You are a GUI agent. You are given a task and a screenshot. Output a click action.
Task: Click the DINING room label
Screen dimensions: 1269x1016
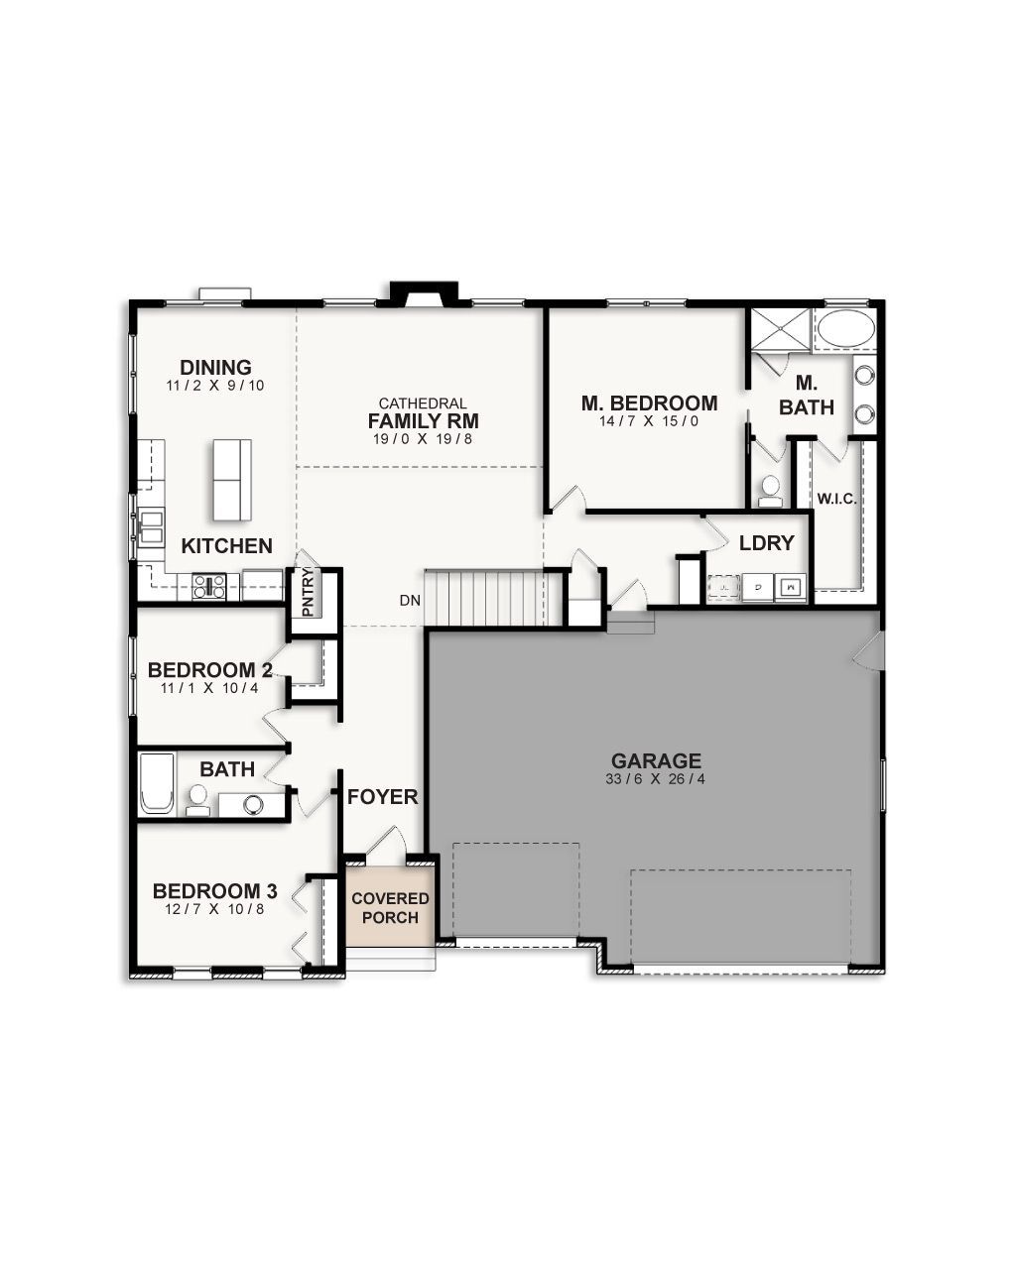(x=215, y=368)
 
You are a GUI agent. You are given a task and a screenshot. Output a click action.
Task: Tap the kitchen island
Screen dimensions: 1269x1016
(x=231, y=480)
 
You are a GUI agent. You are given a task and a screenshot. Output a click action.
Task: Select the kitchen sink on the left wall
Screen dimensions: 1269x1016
(x=152, y=524)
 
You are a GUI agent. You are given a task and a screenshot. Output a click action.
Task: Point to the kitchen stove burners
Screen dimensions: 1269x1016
(x=209, y=585)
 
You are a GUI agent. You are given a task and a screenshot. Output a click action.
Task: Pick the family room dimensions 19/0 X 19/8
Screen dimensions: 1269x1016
(x=423, y=439)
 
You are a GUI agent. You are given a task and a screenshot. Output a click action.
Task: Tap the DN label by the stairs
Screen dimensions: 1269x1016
(x=410, y=600)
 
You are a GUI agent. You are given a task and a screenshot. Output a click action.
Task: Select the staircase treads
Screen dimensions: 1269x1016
(x=483, y=598)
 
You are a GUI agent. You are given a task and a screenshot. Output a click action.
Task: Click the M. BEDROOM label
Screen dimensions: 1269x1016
(x=649, y=404)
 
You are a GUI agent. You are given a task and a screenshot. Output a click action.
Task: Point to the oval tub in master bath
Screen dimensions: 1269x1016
(x=845, y=328)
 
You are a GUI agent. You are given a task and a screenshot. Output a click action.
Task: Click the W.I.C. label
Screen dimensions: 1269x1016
(x=836, y=499)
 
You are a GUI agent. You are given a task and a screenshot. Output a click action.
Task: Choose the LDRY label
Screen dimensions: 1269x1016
(x=767, y=543)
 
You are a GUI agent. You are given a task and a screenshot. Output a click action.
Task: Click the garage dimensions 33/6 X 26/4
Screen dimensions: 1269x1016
(x=656, y=779)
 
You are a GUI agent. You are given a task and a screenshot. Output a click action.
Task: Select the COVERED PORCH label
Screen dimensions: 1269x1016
(x=390, y=907)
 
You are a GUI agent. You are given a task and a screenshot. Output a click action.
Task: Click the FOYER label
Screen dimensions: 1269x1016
(x=382, y=797)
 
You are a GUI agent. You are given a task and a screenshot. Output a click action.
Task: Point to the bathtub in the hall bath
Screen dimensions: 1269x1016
(x=156, y=784)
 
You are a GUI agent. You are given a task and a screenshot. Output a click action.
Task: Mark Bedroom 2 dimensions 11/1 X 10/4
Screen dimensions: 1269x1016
(x=208, y=688)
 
